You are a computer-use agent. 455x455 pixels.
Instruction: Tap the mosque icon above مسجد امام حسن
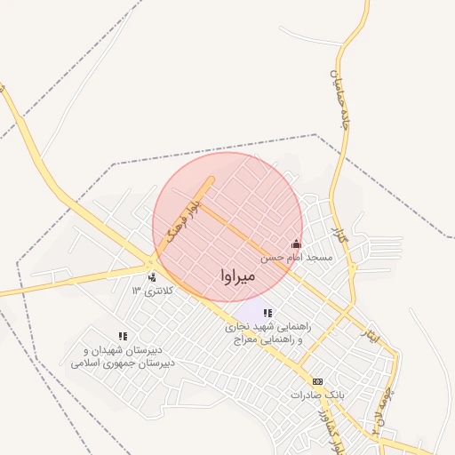click(x=296, y=243)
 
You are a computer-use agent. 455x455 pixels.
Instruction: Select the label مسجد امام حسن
click(x=296, y=257)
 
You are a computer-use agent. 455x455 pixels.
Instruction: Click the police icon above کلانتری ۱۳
click(x=153, y=277)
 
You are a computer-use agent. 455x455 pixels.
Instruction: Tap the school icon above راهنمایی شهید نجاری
click(x=267, y=313)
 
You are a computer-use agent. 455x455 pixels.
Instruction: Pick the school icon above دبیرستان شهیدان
click(x=123, y=337)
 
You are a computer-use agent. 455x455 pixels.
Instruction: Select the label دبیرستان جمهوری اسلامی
click(x=123, y=363)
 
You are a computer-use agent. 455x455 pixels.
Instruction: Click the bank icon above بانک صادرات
click(x=318, y=380)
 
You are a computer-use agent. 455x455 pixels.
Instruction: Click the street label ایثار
click(x=368, y=331)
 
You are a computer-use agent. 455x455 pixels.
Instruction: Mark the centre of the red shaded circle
click(x=227, y=227)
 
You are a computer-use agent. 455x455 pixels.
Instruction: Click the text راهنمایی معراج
click(x=263, y=339)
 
